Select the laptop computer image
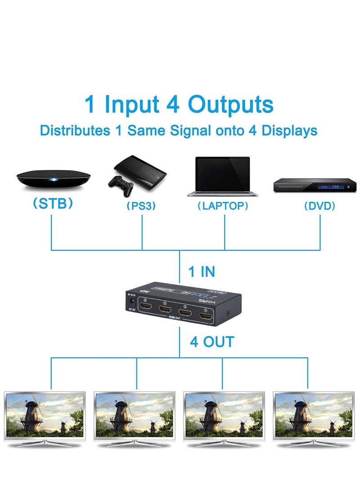(222, 176)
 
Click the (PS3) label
(140, 206)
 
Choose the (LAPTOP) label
(223, 206)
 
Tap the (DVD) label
(319, 206)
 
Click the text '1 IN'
(201, 272)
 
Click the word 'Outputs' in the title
(231, 104)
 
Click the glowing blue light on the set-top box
(54, 180)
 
